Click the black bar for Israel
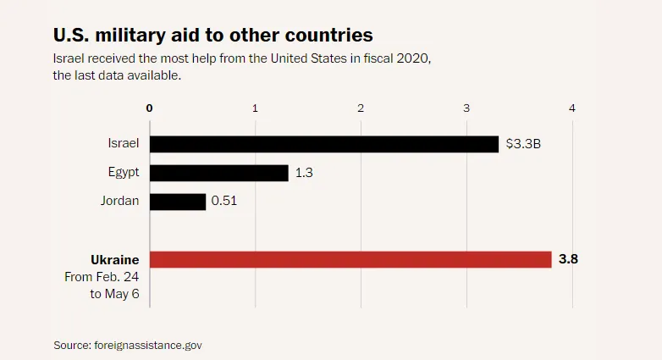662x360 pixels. click(324, 144)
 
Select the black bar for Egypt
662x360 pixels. click(219, 173)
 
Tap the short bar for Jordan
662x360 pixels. click(178, 202)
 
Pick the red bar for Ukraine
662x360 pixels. click(350, 259)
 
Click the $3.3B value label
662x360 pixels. click(523, 144)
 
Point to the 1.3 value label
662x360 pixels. click(304, 173)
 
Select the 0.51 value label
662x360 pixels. click(224, 202)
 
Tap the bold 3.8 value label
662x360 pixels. click(568, 259)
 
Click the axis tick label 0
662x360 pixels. click(150, 108)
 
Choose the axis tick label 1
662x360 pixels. click(256, 108)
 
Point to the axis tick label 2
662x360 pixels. click(361, 108)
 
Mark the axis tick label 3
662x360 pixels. click(467, 108)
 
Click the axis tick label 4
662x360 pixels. click(572, 108)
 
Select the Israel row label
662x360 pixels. click(123, 144)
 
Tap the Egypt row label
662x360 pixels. click(123, 173)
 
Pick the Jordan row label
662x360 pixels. click(119, 202)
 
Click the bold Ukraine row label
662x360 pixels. click(114, 259)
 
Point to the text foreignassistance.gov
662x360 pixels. click(150, 345)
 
